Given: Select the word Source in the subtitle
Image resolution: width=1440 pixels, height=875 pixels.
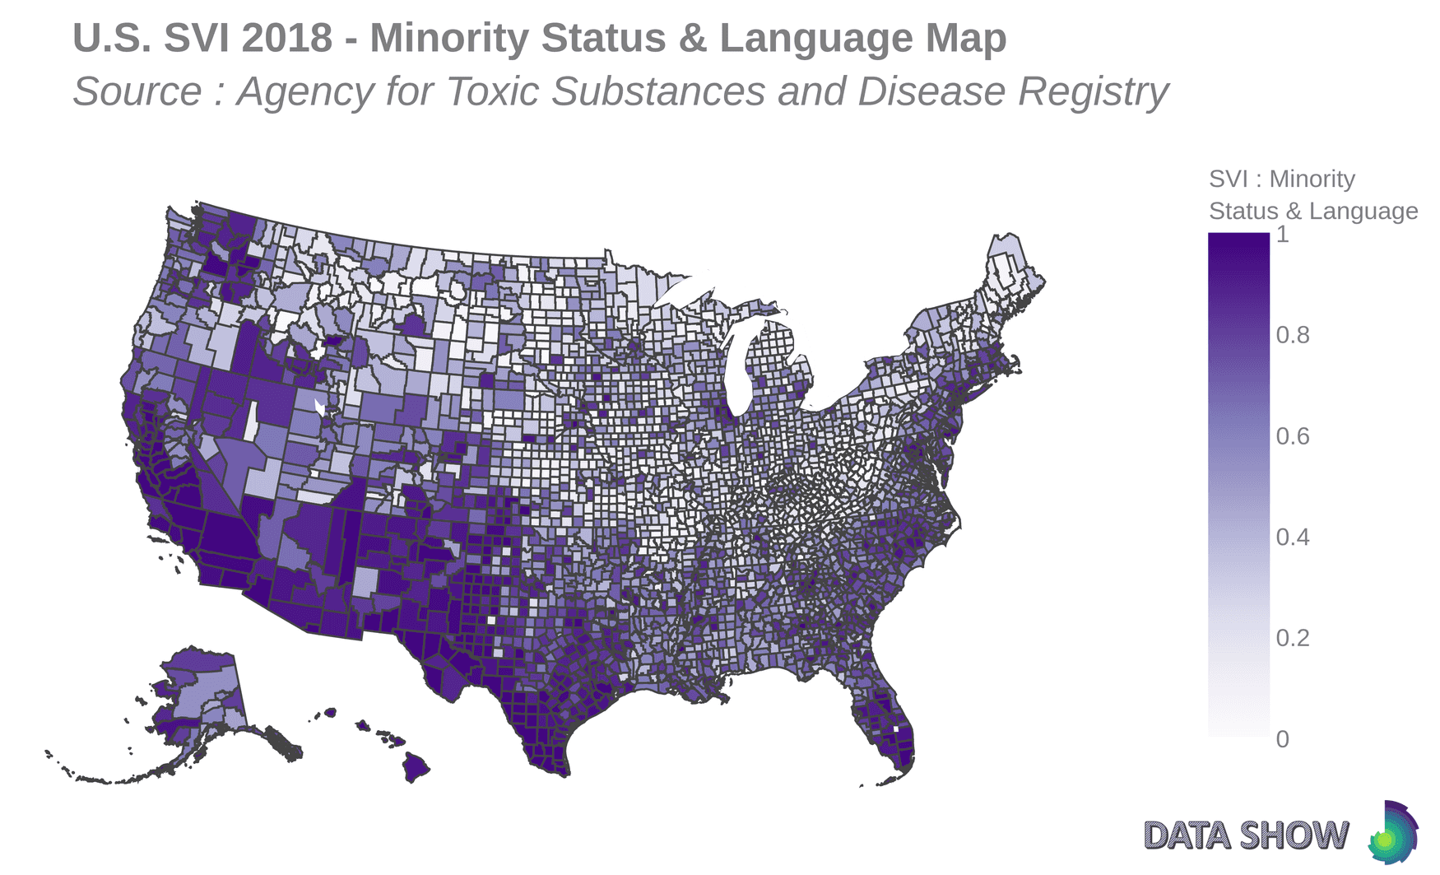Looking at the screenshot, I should point(137,91).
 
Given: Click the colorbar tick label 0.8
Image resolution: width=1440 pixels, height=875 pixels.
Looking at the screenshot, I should point(1292,335).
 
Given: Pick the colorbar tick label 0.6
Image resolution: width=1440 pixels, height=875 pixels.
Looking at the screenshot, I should point(1292,436).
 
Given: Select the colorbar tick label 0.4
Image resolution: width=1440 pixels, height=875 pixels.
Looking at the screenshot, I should point(1292,538).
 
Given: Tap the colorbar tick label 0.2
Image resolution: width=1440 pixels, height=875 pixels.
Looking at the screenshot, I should point(1292,638).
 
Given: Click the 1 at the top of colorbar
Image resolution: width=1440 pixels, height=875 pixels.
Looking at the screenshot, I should point(1282,235).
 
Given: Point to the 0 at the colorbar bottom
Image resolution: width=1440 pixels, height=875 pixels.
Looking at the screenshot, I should point(1282,739).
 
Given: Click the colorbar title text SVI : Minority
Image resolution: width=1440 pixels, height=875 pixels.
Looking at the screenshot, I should point(1281,179).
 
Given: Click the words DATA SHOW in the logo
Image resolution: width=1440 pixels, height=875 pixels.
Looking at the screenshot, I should point(1246,835).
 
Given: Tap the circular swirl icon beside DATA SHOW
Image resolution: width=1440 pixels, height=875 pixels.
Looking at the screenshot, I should point(1392,833).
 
